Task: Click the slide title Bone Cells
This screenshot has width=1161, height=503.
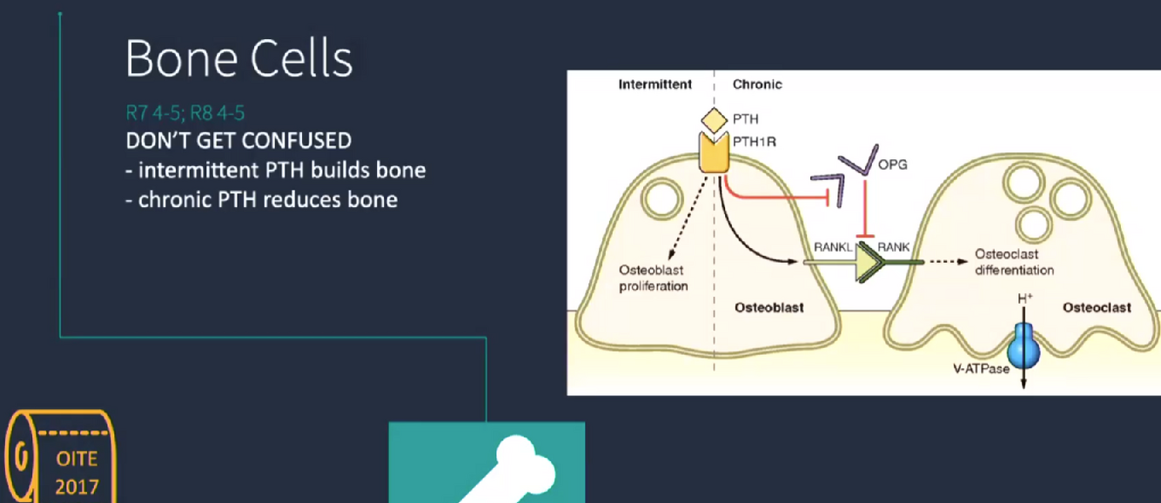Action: [239, 60]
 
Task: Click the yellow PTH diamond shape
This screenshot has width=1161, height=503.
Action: [714, 118]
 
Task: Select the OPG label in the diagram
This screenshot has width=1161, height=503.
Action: [893, 164]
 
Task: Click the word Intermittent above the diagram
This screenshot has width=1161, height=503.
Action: [654, 84]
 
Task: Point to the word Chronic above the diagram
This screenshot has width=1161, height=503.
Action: [757, 84]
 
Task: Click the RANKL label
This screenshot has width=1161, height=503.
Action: [832, 247]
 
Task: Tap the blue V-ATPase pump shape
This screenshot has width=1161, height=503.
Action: [1023, 346]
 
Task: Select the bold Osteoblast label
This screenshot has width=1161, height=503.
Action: [769, 307]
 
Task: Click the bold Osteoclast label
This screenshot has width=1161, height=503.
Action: [1097, 307]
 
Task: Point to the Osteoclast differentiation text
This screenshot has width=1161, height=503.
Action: [1014, 262]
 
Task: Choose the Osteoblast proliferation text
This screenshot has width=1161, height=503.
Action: [653, 278]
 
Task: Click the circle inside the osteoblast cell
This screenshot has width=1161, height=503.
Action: [661, 199]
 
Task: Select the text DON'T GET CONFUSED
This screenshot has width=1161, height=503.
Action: [238, 139]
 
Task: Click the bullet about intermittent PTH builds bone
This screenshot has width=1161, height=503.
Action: [276, 169]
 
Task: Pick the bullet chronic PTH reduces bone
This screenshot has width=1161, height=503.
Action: [262, 199]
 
